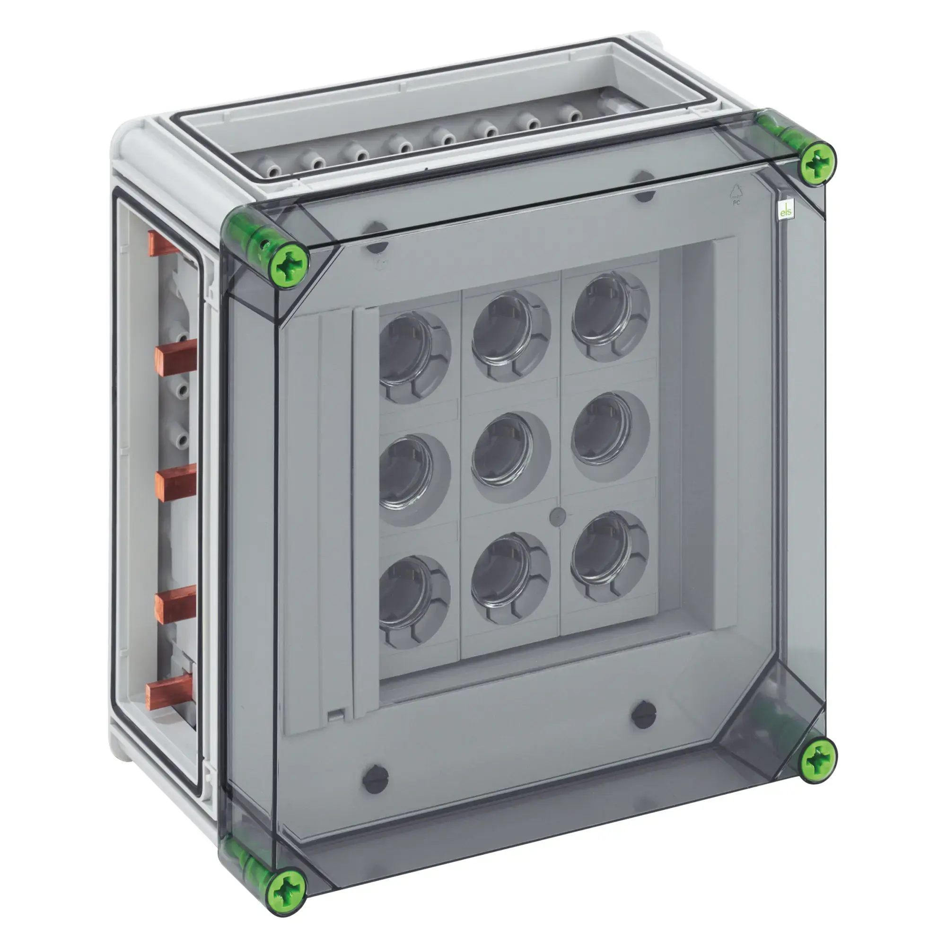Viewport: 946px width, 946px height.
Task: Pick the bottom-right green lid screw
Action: tap(818, 761)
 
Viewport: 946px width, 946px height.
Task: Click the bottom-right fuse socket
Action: tap(605, 553)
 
